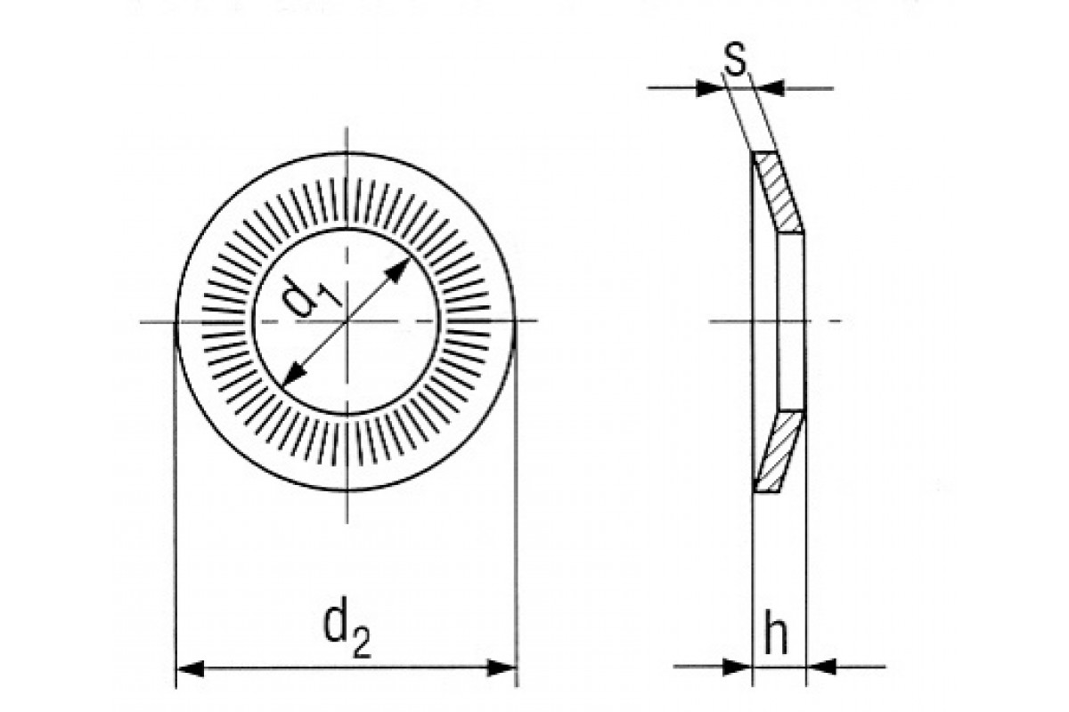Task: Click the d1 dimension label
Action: coord(313,296)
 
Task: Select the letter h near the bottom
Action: coord(777,634)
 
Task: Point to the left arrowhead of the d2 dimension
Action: coord(188,667)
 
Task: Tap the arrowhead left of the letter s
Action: coord(709,87)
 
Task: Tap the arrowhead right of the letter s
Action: coord(771,87)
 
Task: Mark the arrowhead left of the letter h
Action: coord(741,666)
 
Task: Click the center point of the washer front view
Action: coord(346,320)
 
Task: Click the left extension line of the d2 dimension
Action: coord(176,534)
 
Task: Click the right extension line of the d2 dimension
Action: coord(516,534)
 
